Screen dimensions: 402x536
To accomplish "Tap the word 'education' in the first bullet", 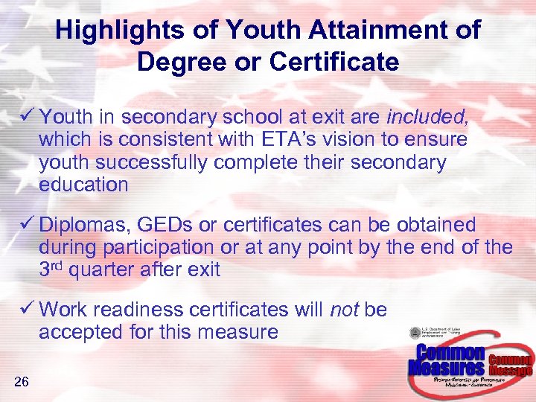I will pyautogui.click(x=83, y=185).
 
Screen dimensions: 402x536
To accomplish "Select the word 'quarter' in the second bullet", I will pyautogui.click(x=106, y=269).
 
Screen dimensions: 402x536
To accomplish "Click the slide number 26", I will pyautogui.click(x=21, y=383).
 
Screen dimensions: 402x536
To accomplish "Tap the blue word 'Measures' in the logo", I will pyautogui.click(x=446, y=368).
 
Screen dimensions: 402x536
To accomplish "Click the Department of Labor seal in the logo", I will pyautogui.click(x=415, y=334).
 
